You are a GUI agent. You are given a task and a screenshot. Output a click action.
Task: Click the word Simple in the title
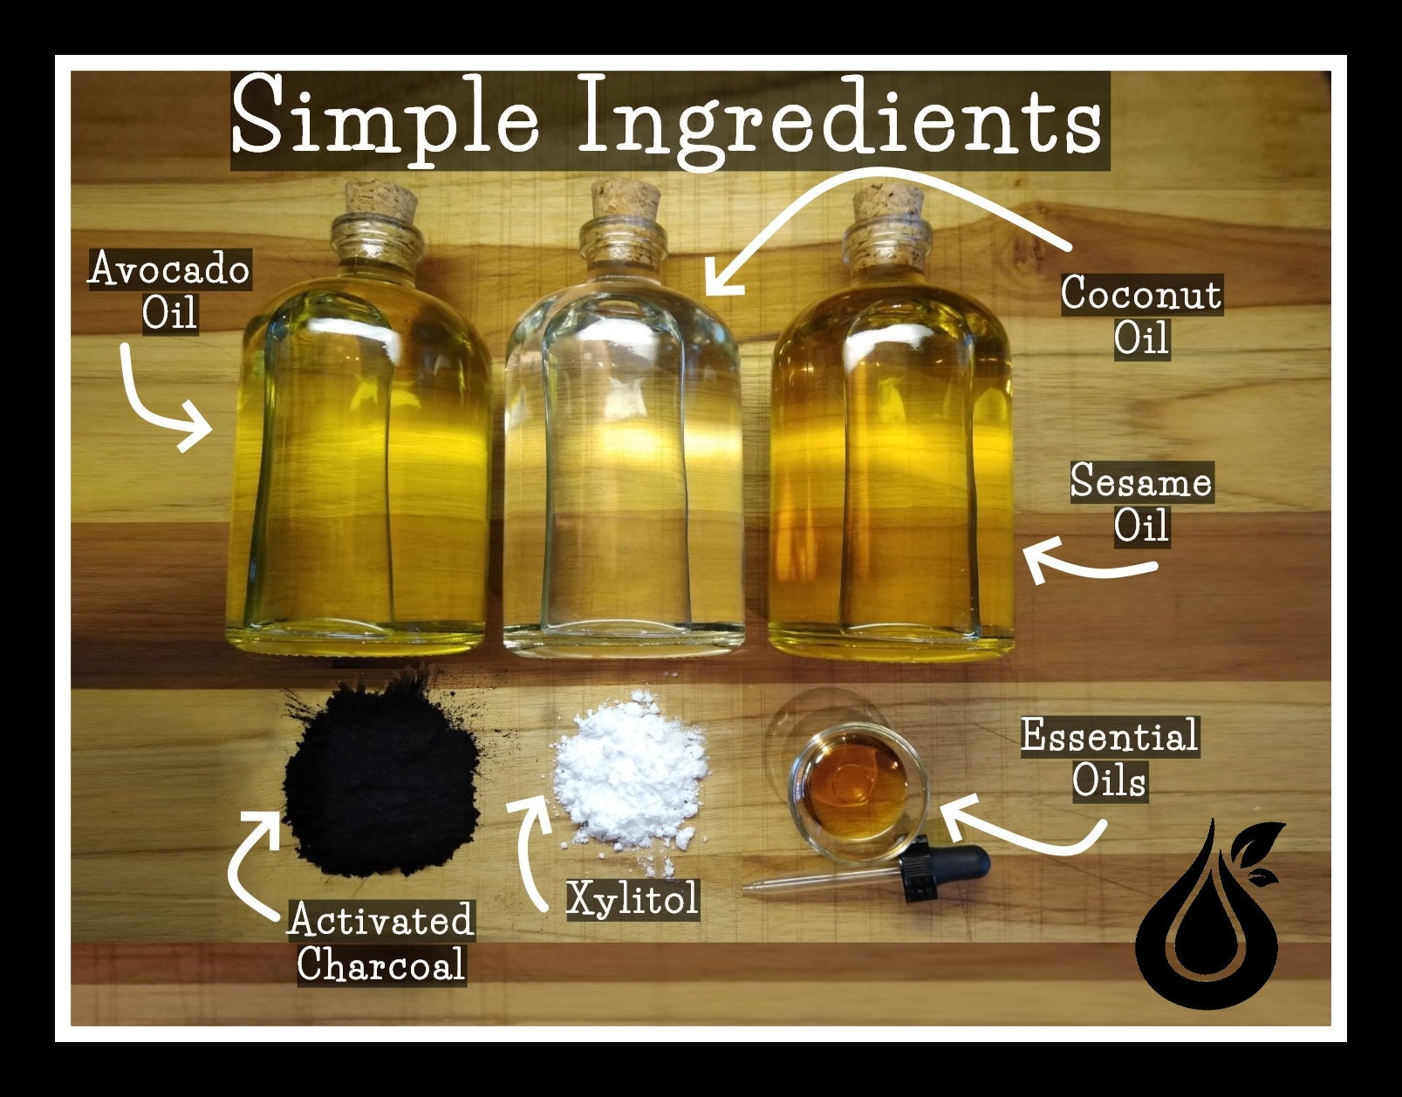pos(384,118)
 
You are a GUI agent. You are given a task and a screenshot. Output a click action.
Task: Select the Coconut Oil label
pos(1140,315)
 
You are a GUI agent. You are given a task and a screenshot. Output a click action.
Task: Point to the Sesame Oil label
pos(1140,504)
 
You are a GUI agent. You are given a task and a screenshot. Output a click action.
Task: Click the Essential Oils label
pos(1109,758)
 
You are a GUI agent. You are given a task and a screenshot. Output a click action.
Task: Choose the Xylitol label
pos(633,898)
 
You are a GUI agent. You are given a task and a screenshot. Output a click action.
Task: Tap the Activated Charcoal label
pos(380,943)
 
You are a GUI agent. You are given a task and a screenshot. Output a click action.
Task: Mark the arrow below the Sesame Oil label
pos(1086,567)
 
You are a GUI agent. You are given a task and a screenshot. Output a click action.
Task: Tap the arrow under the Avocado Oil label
pos(157,405)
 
